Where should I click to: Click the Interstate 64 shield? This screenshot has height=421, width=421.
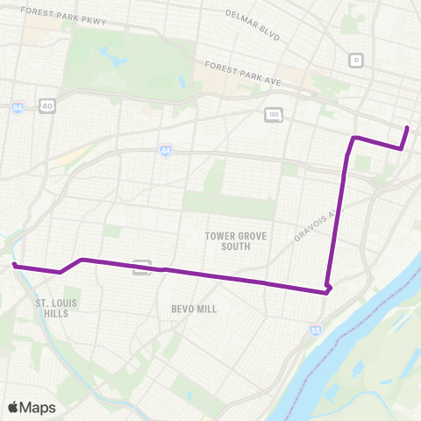(18, 107)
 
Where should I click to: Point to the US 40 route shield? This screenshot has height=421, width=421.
(47, 105)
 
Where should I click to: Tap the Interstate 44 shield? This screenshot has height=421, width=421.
(166, 151)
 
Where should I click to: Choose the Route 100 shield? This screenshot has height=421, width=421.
(273, 114)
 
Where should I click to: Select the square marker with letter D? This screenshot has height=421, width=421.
(355, 60)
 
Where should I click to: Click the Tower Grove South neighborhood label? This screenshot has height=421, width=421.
(239, 241)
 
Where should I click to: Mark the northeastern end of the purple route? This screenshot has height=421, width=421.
(408, 129)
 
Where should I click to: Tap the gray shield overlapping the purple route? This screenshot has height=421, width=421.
(141, 267)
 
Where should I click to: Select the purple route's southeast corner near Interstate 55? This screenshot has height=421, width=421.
(327, 291)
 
